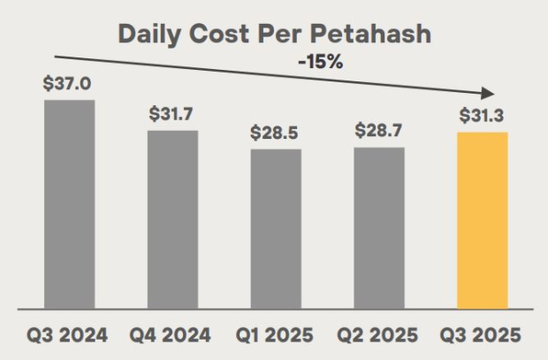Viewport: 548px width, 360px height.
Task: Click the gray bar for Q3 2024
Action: (x=69, y=203)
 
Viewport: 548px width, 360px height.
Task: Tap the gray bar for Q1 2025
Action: (x=276, y=227)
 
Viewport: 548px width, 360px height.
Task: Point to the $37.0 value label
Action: (x=69, y=85)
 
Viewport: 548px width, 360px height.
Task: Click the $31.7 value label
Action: (x=172, y=114)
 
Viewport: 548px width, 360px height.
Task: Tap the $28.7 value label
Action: (x=379, y=130)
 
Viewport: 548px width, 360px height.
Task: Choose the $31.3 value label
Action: (x=483, y=116)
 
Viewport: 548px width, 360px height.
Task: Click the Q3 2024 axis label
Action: (x=69, y=336)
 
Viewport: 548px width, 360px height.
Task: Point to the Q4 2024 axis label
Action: (x=172, y=336)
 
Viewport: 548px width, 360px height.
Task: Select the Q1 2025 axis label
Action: (x=276, y=336)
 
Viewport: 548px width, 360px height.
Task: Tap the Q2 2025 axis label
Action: (x=379, y=336)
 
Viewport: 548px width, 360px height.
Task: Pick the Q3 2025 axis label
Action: (x=483, y=336)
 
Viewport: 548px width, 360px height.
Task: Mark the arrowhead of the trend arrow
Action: (x=485, y=92)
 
